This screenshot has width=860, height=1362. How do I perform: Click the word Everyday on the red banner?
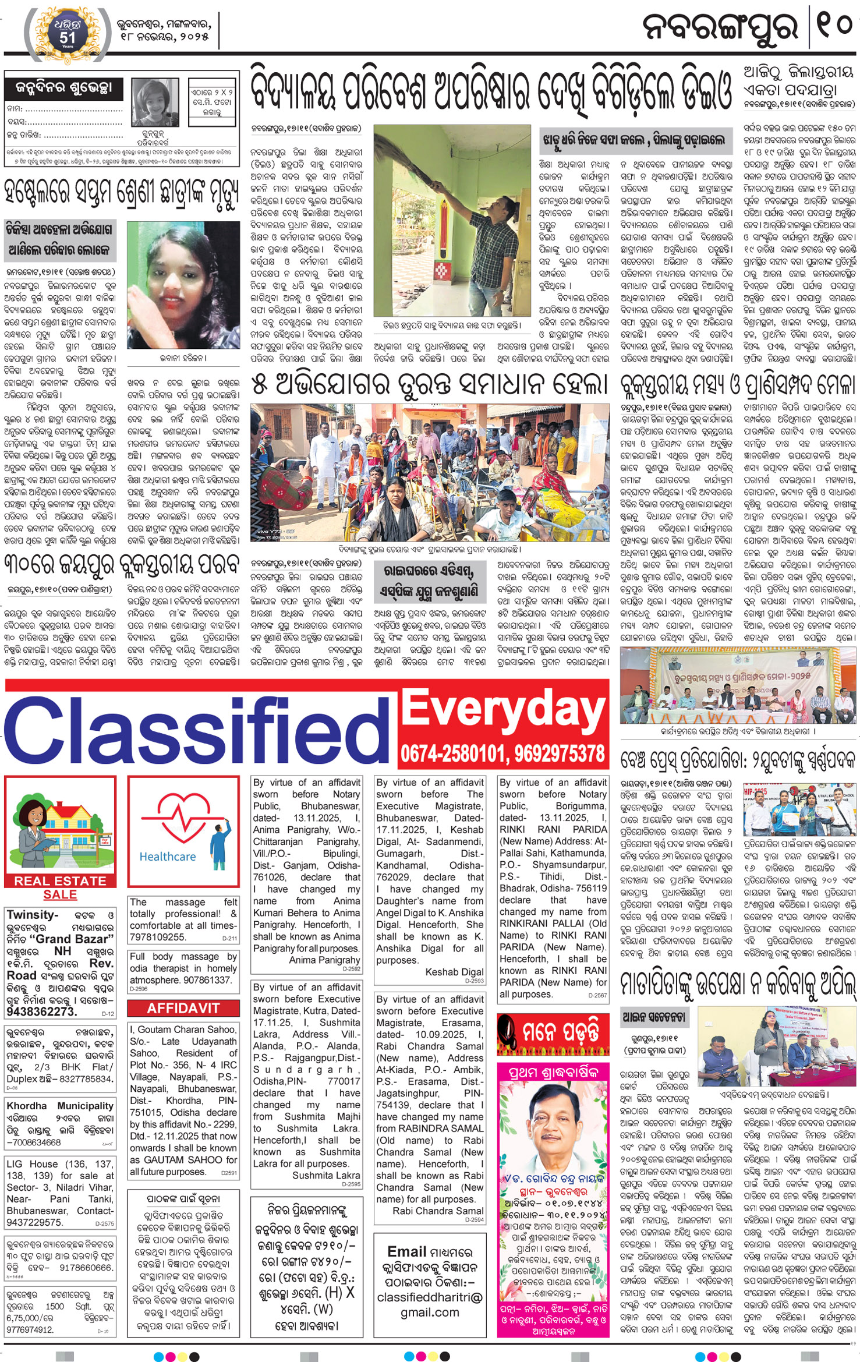click(503, 709)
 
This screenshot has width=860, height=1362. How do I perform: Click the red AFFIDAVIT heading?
click(183, 1009)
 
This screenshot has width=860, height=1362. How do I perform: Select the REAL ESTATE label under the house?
click(60, 880)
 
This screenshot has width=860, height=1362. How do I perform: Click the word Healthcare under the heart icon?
click(168, 856)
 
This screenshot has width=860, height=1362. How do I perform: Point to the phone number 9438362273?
click(41, 1012)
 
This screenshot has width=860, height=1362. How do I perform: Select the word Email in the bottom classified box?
click(407, 1251)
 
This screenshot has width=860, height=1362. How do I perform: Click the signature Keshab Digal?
click(454, 972)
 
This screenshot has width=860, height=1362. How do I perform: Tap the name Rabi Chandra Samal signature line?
click(438, 1211)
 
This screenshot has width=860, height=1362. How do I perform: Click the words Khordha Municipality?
click(60, 1106)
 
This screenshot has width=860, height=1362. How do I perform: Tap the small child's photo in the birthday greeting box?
click(155, 102)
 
